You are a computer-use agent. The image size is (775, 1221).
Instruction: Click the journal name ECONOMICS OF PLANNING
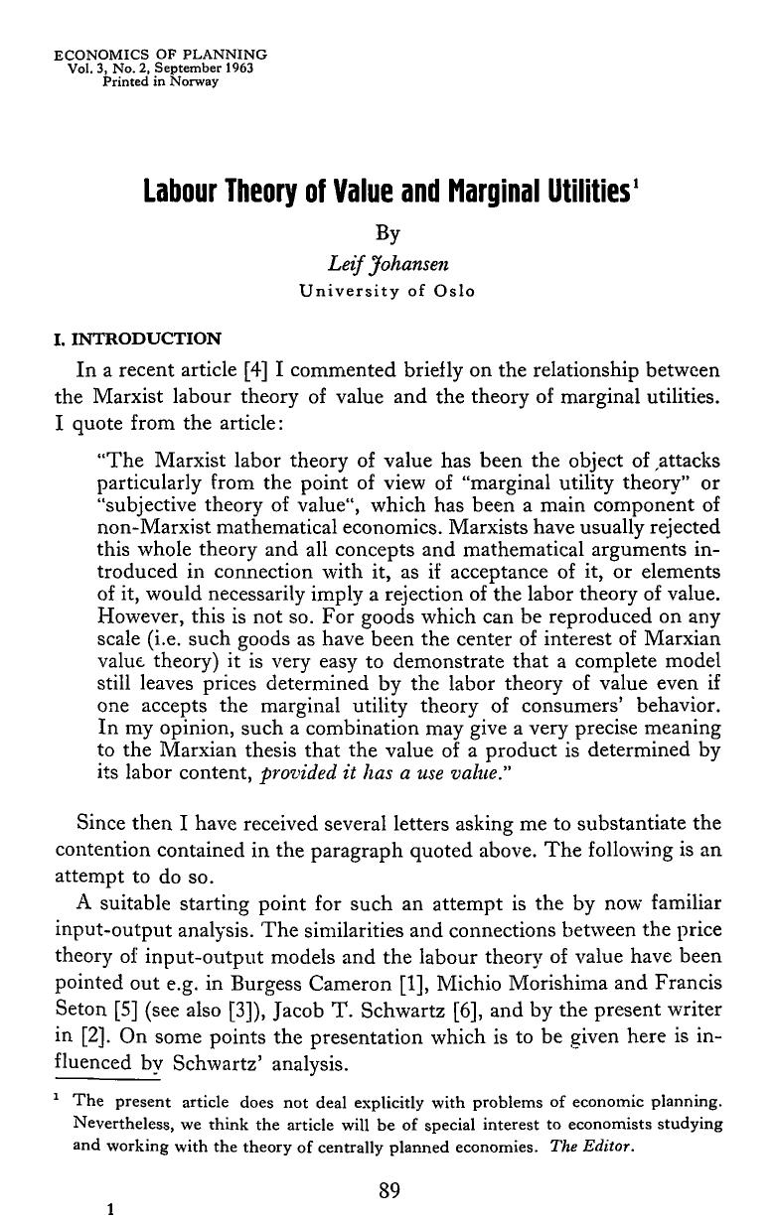(160, 54)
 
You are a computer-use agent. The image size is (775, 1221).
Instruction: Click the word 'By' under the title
(387, 233)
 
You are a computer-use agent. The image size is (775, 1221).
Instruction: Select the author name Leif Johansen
(387, 263)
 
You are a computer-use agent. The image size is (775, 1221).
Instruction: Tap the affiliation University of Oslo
(387, 292)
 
